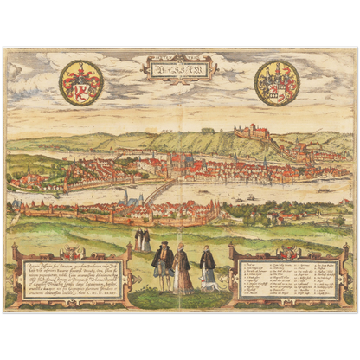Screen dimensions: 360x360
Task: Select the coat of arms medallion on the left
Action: point(80,83)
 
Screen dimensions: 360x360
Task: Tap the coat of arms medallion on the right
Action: point(278,83)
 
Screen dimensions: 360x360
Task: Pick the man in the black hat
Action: point(162,264)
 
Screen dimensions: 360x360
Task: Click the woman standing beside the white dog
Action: point(208,268)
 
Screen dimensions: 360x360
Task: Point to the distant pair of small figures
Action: point(142,239)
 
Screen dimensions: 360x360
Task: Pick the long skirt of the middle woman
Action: point(183,280)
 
